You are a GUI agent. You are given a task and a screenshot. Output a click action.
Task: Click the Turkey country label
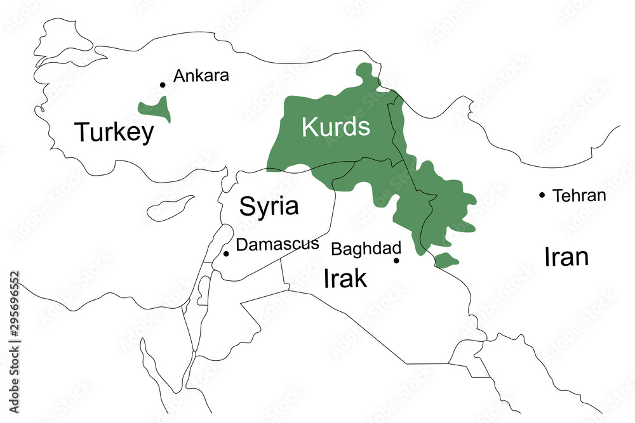pyautogui.click(x=114, y=133)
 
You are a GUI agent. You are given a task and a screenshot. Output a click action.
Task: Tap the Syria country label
pyautogui.click(x=269, y=206)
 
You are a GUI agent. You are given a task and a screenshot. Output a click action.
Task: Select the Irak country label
pyautogui.click(x=345, y=278)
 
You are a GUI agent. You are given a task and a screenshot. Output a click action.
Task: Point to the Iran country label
pyautogui.click(x=566, y=257)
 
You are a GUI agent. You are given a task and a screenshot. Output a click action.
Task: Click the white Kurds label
pyautogui.click(x=335, y=127)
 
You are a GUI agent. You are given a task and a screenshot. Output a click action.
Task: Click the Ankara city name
pyautogui.click(x=201, y=76)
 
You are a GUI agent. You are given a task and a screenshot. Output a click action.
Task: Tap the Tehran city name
pyautogui.click(x=579, y=195)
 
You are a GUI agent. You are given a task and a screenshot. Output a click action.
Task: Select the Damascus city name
pyautogui.click(x=277, y=244)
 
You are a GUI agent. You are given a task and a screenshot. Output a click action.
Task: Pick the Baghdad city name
pyautogui.click(x=366, y=248)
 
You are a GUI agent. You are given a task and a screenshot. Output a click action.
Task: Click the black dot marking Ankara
pyautogui.click(x=163, y=84)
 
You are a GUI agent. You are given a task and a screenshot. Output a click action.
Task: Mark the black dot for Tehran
pyautogui.click(x=542, y=195)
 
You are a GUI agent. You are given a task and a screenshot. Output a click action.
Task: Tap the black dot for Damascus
pyautogui.click(x=226, y=254)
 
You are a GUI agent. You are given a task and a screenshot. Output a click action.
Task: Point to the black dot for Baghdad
pyautogui.click(x=396, y=260)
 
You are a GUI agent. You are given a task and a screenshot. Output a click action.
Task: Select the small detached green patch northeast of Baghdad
pyautogui.click(x=446, y=259)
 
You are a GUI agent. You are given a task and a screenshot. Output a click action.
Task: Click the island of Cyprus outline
pyautogui.click(x=170, y=207)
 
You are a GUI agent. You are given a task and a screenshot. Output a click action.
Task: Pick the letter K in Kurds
pyautogui.click(x=309, y=127)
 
